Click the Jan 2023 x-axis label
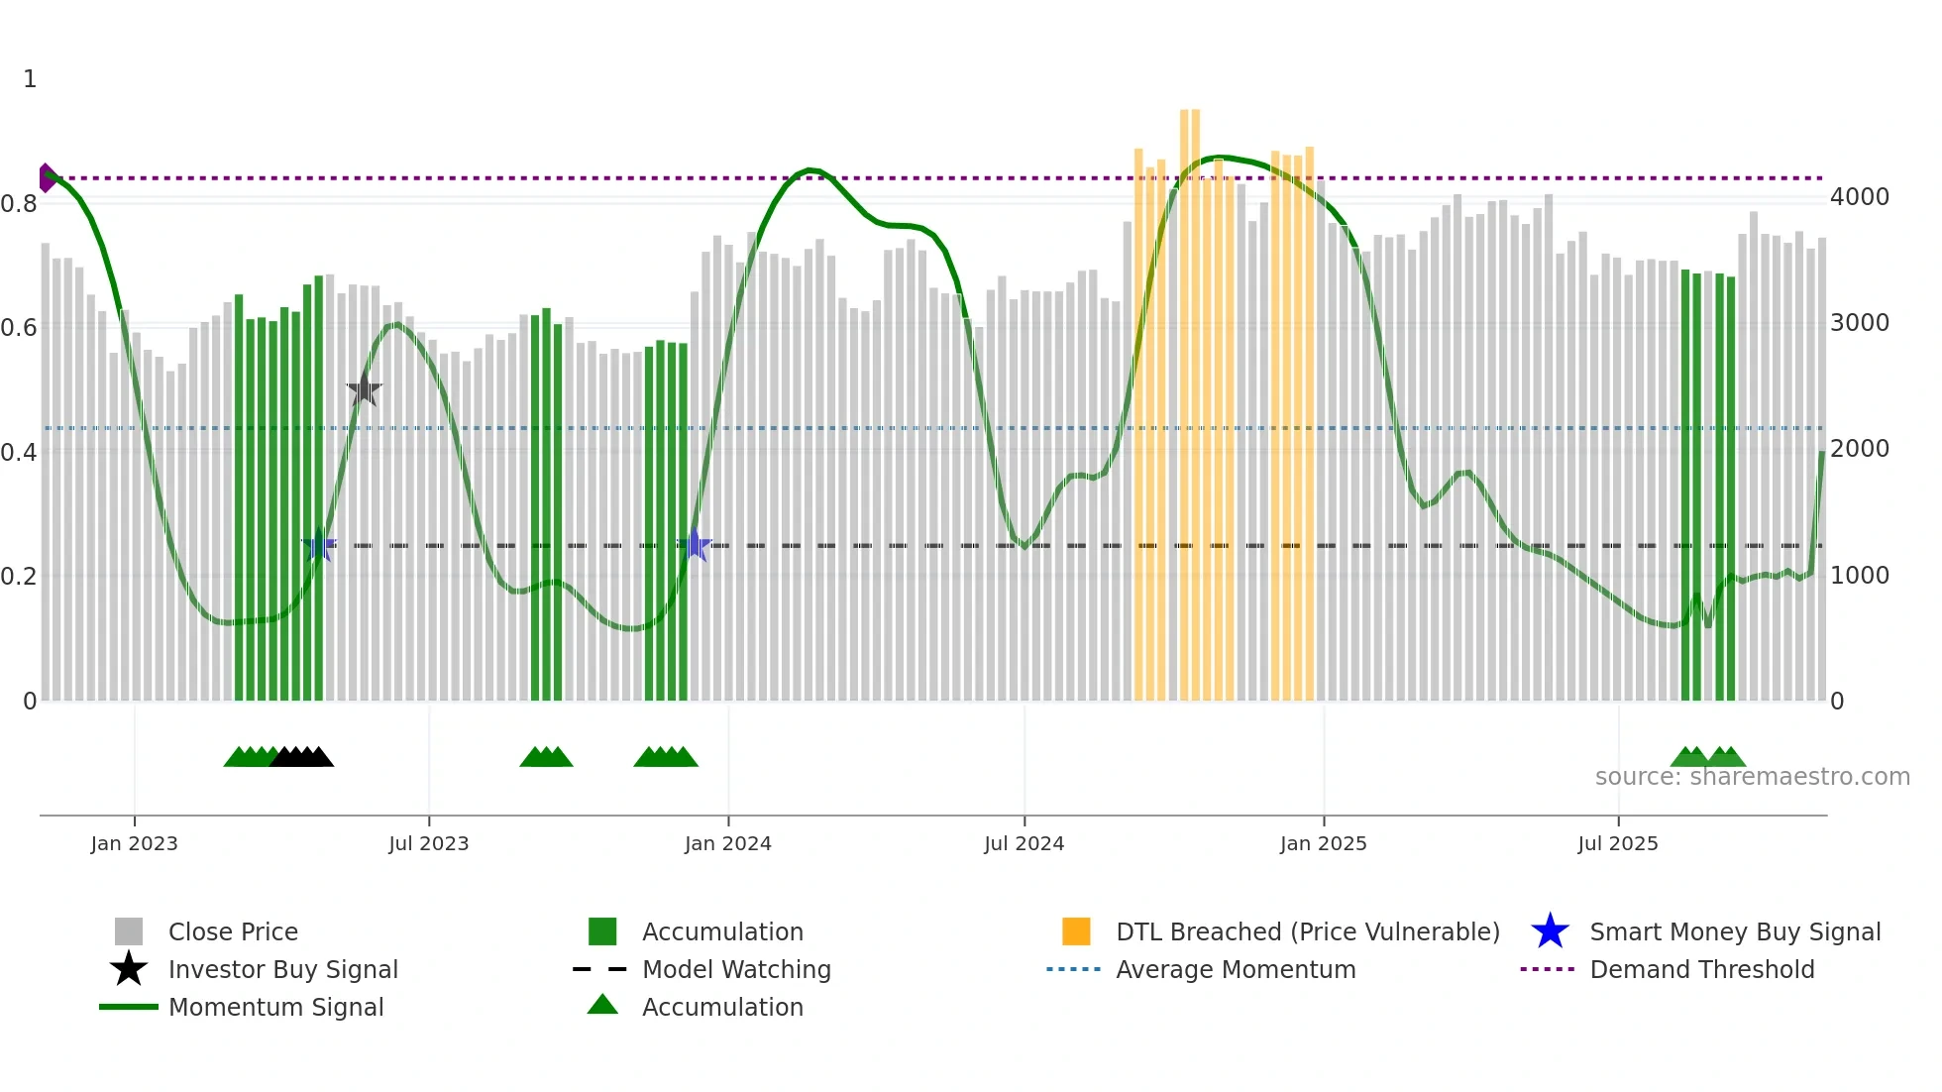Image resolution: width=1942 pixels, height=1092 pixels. tap(134, 844)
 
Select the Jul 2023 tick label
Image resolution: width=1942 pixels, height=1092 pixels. tap(428, 844)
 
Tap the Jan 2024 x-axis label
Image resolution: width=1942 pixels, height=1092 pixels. tap(727, 844)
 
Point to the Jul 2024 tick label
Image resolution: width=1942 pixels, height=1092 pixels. tap(1024, 844)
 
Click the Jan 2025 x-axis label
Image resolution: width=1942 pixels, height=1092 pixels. tap(1323, 844)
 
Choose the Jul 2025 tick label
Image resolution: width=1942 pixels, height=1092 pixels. tap(1617, 844)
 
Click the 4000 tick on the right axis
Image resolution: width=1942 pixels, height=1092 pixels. tap(1859, 197)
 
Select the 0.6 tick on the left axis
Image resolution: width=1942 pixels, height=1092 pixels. tap(20, 328)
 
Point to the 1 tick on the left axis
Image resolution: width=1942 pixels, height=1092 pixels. tap(30, 79)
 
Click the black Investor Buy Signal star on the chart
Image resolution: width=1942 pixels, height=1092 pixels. tap(364, 389)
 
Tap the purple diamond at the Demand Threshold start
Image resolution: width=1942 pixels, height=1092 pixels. tap(47, 178)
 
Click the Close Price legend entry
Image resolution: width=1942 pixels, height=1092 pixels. tap(233, 932)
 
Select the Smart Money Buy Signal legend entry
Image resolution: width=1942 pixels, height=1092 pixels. tap(1734, 932)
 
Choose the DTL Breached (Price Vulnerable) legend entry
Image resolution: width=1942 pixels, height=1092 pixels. tap(1307, 932)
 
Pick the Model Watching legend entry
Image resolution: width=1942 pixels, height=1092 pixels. tap(736, 970)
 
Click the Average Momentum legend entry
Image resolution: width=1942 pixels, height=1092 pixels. tap(1235, 970)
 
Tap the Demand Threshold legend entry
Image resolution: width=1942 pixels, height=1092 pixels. tap(1701, 970)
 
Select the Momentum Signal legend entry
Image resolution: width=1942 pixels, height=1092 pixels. tap(275, 1008)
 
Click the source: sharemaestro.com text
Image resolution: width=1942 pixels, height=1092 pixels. tap(1752, 777)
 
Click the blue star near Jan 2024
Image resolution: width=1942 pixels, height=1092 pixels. tap(696, 545)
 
